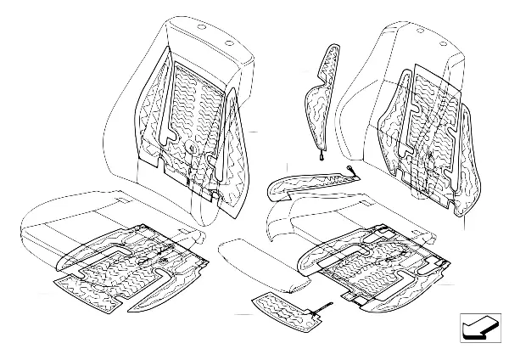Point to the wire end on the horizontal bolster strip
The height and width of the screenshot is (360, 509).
coord(350,175)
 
